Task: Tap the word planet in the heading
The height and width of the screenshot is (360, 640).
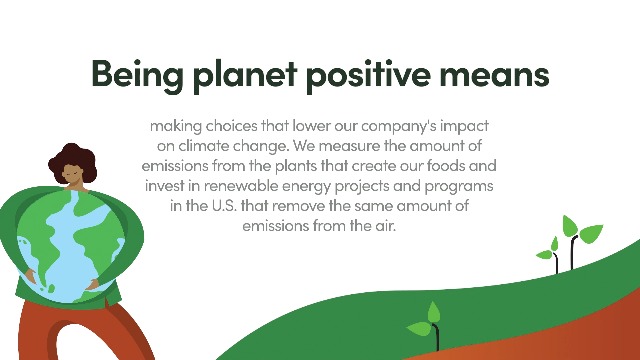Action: coord(244,75)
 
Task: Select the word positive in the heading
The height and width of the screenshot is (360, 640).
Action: coord(368,75)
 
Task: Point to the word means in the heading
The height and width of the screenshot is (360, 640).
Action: coord(494,77)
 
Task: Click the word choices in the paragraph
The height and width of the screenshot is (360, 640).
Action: coord(231,126)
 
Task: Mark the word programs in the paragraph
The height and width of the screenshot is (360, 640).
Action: coord(459,187)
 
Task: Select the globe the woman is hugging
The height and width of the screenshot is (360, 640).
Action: coord(71,246)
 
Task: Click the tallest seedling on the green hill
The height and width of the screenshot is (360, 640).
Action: coord(580,241)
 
